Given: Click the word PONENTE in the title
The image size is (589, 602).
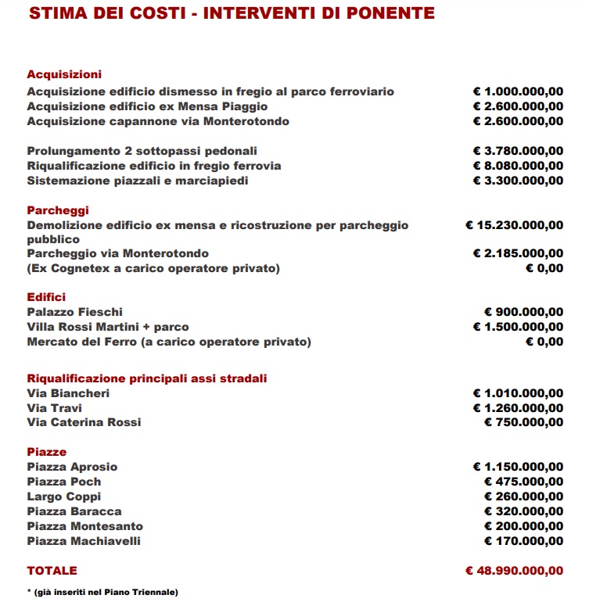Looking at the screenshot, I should tap(386, 14).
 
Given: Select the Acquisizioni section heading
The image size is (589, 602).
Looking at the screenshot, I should tap(64, 74).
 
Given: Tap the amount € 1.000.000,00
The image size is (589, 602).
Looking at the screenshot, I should tap(518, 91).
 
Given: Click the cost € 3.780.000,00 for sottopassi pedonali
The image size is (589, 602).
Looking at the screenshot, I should tap(518, 151).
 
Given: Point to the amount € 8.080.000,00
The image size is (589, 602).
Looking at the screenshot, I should tap(518, 166).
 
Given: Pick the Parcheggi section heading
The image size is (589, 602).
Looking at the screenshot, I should tap(58, 210).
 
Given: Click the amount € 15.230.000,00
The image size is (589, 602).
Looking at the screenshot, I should tap(514, 225).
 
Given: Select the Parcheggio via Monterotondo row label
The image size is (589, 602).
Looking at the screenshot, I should tap(118, 254).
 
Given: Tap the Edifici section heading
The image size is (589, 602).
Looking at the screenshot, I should tap(46, 297).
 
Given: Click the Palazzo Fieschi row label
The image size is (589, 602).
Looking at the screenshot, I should tap(75, 312).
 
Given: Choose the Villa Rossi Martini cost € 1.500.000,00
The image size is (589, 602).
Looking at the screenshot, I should tap(518, 327).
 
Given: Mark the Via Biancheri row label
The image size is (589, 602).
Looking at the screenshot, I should tap(68, 393).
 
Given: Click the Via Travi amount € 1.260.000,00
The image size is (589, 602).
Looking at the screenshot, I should tap(518, 408).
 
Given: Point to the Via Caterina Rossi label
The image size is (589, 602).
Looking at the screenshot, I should tap(84, 422).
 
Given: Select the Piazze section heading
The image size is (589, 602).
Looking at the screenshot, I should tap(47, 452).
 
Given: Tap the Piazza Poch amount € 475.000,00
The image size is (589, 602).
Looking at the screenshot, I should tap(523, 482).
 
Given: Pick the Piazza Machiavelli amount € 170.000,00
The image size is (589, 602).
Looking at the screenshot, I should tap(523, 541).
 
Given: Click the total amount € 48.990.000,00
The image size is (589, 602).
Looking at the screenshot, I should tap(514, 571).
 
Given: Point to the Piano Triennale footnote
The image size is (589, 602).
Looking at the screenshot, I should tap(102, 592).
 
